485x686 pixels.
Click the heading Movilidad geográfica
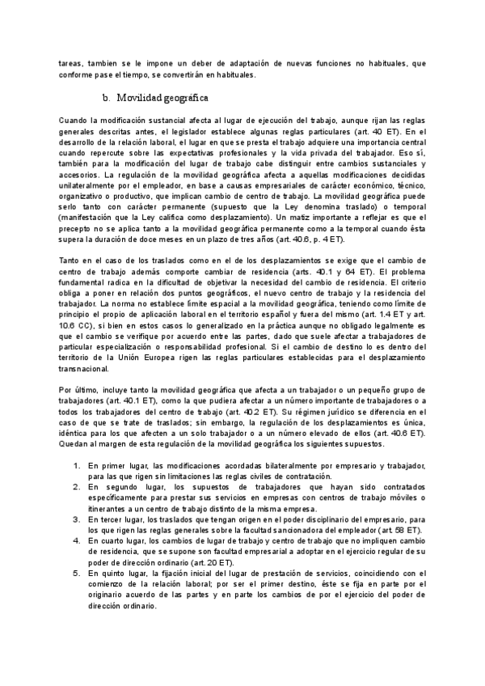point(163,98)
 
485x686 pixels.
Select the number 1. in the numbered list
point(77,466)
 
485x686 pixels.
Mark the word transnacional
point(86,368)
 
